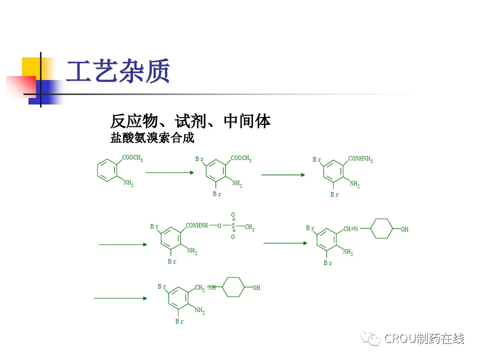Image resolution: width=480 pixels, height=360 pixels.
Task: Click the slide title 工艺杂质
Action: pyautogui.click(x=118, y=71)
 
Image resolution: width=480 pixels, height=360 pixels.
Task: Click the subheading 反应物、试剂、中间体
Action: pyautogui.click(x=190, y=121)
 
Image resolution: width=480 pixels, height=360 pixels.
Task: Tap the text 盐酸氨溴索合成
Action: pyautogui.click(x=152, y=138)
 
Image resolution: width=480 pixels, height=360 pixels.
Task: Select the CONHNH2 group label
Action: pyautogui.click(x=360, y=159)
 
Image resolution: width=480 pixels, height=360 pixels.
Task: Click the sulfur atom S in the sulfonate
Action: pyautogui.click(x=233, y=226)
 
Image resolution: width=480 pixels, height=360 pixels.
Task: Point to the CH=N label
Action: pyautogui.click(x=350, y=229)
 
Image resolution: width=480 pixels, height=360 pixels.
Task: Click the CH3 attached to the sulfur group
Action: pyautogui.click(x=249, y=228)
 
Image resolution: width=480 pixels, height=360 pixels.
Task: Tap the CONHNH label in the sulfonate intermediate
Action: pyautogui.click(x=196, y=226)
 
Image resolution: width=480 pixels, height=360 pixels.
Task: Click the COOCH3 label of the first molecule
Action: pyautogui.click(x=132, y=158)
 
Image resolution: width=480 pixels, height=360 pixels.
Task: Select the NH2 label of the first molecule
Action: pyautogui.click(x=128, y=183)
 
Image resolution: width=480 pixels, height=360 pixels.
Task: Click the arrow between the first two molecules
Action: pyautogui.click(x=169, y=172)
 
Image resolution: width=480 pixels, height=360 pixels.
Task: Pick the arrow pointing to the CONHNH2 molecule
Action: pyautogui.click(x=283, y=175)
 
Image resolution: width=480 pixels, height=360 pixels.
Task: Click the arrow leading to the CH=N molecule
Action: pyautogui.click(x=285, y=243)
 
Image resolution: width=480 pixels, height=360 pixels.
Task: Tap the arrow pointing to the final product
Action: pyautogui.click(x=120, y=298)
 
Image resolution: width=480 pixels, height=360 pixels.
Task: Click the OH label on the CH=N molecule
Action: pyautogui.click(x=405, y=229)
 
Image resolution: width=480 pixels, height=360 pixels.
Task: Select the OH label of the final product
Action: pyautogui.click(x=256, y=288)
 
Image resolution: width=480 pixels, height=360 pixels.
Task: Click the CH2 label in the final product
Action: pyautogui.click(x=199, y=288)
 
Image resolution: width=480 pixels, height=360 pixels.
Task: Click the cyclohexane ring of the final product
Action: pyautogui.click(x=232, y=287)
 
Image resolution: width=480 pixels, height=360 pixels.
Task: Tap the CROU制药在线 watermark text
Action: pyautogui.click(x=424, y=338)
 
